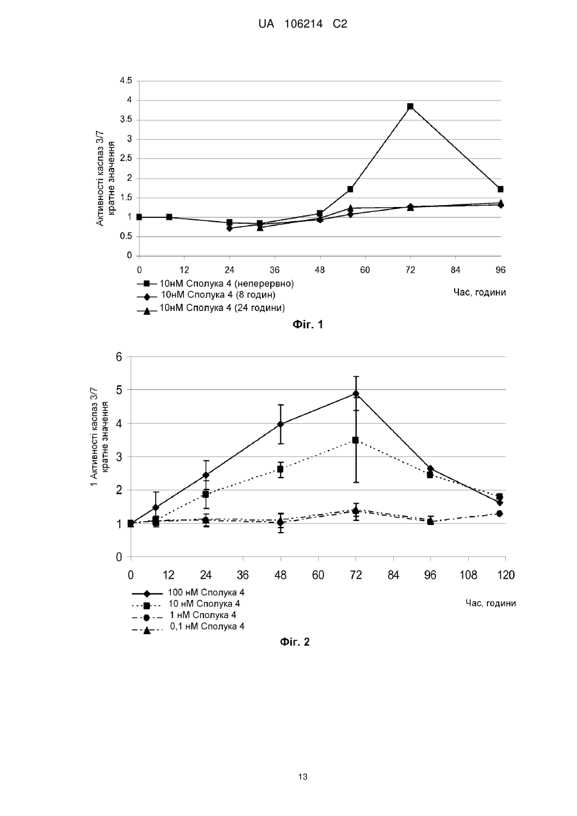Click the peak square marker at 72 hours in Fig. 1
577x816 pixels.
pyautogui.click(x=410, y=106)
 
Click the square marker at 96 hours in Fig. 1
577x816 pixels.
pyautogui.click(x=501, y=189)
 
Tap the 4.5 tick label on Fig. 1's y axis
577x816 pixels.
pyautogui.click(x=126, y=81)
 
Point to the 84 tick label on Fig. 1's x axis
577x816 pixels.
pyautogui.click(x=455, y=270)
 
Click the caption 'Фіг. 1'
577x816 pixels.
pyautogui.click(x=308, y=324)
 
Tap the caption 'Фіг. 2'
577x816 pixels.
pyautogui.click(x=295, y=652)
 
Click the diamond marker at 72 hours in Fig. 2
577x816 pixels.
pyautogui.click(x=355, y=394)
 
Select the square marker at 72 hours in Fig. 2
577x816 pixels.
pyautogui.click(x=355, y=440)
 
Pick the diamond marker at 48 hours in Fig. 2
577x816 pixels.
pyautogui.click(x=280, y=424)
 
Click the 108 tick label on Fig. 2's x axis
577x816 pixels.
pyautogui.click(x=468, y=575)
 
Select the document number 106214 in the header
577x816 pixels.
pyautogui.click(x=304, y=24)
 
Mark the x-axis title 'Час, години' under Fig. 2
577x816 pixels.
pyautogui.click(x=491, y=603)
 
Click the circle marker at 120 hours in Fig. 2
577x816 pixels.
pyautogui.click(x=500, y=513)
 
